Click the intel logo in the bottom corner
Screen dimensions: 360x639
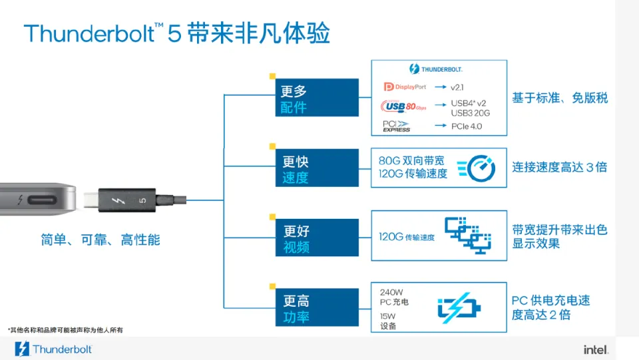tap(596, 349)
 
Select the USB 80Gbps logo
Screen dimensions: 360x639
tap(403, 106)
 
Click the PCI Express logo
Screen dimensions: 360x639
tap(397, 126)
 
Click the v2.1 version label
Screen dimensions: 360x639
tap(457, 87)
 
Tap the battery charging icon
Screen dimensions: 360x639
tap(459, 309)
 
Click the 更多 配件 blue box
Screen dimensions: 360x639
tap(318, 98)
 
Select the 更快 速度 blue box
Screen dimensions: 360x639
tap(318, 169)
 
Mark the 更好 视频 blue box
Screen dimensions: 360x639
tap(318, 239)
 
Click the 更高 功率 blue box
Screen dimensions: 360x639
tap(318, 309)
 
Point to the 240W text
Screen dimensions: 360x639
tap(391, 291)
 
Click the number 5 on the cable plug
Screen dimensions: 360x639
tap(142, 200)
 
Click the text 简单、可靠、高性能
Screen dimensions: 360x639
tap(101, 240)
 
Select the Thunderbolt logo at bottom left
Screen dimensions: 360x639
tap(53, 349)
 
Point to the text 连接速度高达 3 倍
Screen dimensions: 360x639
tap(559, 167)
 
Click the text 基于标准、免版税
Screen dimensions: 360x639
tap(559, 98)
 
